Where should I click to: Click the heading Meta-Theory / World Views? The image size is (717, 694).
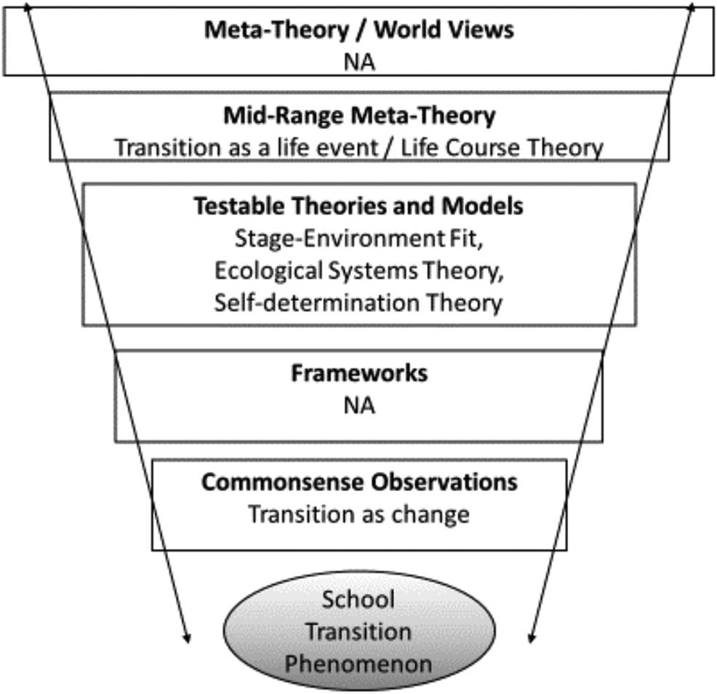coord(358,31)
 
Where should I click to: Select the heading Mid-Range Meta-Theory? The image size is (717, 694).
coord(358,116)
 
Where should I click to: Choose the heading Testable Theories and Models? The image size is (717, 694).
coord(358,206)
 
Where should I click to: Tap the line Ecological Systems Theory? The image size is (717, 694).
coord(358,270)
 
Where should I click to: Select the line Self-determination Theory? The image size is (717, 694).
coord(358,302)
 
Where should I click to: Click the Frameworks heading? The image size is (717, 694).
coord(358,373)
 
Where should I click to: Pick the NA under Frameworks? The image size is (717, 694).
coord(358,405)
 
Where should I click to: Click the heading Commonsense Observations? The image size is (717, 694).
coord(358,482)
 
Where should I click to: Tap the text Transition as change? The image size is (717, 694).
coord(358,514)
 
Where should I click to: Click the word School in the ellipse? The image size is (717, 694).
coord(358,599)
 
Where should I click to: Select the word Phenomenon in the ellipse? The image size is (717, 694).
coord(358,663)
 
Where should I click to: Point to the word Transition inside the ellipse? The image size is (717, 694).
coord(358,631)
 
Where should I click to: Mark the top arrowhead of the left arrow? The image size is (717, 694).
coord(28,7)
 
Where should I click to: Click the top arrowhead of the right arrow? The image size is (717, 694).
coord(691,7)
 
